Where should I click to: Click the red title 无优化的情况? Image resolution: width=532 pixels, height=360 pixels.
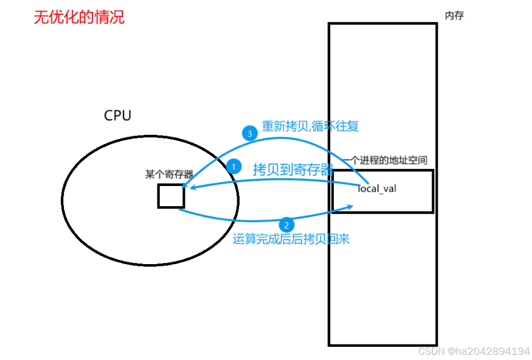click(79, 17)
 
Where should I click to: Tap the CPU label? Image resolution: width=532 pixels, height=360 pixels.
click(117, 115)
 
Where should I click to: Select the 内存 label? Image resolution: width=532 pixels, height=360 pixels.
click(454, 16)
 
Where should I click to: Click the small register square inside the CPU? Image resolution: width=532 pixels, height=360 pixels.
click(171, 196)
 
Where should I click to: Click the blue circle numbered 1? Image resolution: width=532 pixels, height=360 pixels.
click(234, 167)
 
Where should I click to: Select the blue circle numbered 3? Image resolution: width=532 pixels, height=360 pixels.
click(248, 134)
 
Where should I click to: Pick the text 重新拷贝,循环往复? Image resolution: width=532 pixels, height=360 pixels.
click(310, 126)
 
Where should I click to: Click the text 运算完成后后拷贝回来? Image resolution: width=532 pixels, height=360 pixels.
click(291, 239)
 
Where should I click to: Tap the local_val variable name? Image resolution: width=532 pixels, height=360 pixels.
click(377, 188)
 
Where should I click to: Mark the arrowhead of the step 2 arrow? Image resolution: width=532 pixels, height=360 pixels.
click(350, 206)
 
